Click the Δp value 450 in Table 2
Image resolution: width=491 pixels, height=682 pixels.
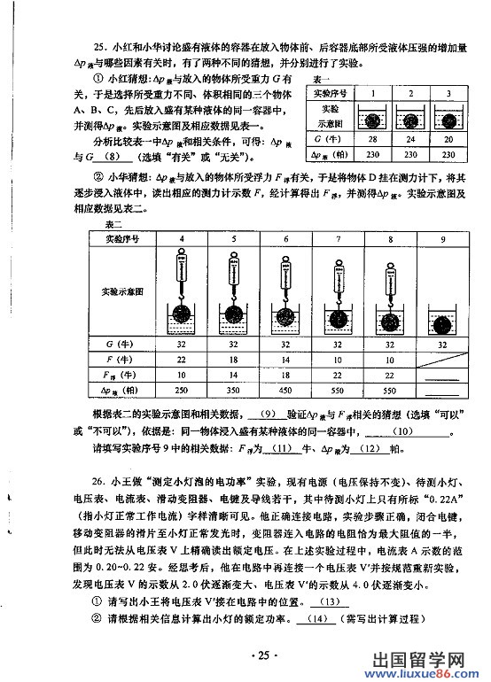click(x=286, y=390)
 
